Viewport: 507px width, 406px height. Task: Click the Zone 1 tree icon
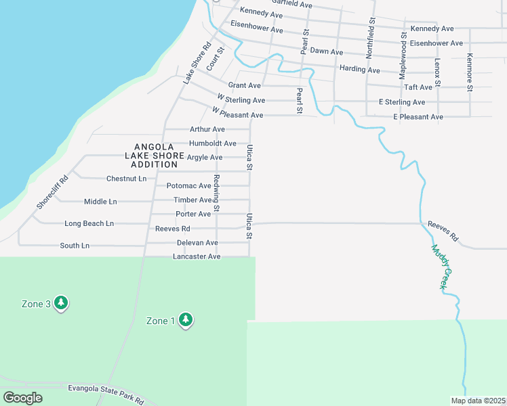[186, 320]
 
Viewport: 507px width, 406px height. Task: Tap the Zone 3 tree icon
[61, 302]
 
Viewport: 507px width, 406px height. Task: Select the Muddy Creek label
[439, 267]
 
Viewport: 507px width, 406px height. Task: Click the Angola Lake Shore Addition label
[155, 156]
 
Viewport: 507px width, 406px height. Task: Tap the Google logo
[22, 398]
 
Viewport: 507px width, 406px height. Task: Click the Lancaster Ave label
[197, 256]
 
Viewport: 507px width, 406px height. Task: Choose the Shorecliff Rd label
[53, 192]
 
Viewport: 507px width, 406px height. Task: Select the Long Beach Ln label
[89, 223]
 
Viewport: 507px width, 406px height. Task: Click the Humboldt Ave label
[213, 143]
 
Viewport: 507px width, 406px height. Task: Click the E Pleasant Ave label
[418, 117]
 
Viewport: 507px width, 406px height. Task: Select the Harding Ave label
[360, 69]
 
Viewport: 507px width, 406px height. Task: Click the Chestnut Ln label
[126, 179]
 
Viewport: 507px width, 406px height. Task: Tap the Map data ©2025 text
[477, 401]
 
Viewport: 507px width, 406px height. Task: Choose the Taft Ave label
[418, 87]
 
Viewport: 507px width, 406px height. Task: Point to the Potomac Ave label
[189, 185]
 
